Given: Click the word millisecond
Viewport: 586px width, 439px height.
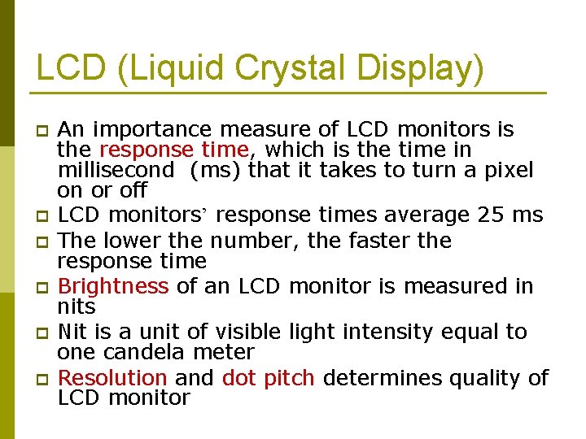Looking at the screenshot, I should (x=116, y=170).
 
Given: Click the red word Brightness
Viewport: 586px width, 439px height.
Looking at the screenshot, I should (x=113, y=286).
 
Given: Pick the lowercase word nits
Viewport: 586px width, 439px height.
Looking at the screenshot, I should (x=77, y=307).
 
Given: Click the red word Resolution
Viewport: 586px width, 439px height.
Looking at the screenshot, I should (x=112, y=378).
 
